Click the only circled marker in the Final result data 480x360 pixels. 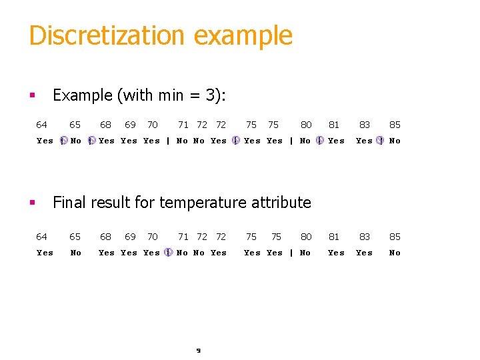pyautogui.click(x=168, y=253)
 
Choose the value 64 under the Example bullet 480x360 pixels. pyautogui.click(x=41, y=125)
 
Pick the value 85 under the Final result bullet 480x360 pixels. pyautogui.click(x=395, y=237)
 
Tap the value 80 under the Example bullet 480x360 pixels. pyautogui.click(x=306, y=125)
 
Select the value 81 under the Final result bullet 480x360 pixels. pyautogui.click(x=335, y=237)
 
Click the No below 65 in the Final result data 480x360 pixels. pyautogui.click(x=76, y=253)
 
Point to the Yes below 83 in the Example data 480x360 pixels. pyautogui.click(x=364, y=141)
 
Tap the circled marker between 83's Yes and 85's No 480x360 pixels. pyautogui.click(x=379, y=141)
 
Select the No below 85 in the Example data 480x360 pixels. pyautogui.click(x=395, y=141)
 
